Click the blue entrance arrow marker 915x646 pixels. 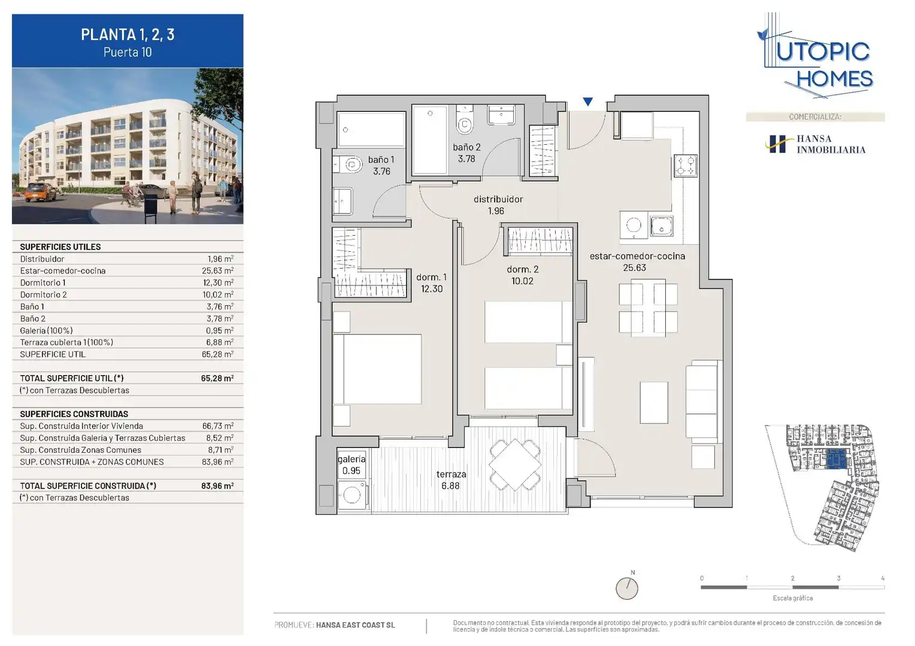click(588, 102)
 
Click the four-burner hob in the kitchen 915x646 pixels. click(685, 166)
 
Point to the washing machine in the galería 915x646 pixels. click(352, 495)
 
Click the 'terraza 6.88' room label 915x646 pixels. click(450, 480)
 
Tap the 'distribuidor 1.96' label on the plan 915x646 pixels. click(498, 205)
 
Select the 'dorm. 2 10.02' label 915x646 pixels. click(522, 275)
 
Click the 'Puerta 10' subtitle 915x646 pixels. click(128, 52)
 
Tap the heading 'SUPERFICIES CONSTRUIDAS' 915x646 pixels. click(74, 414)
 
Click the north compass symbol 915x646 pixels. click(627, 588)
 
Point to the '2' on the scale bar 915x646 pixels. click(792, 578)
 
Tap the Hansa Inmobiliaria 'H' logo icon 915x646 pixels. click(775, 144)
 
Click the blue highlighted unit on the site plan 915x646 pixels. click(837, 459)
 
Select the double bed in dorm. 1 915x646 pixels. click(377, 369)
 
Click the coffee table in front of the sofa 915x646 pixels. click(654, 403)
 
